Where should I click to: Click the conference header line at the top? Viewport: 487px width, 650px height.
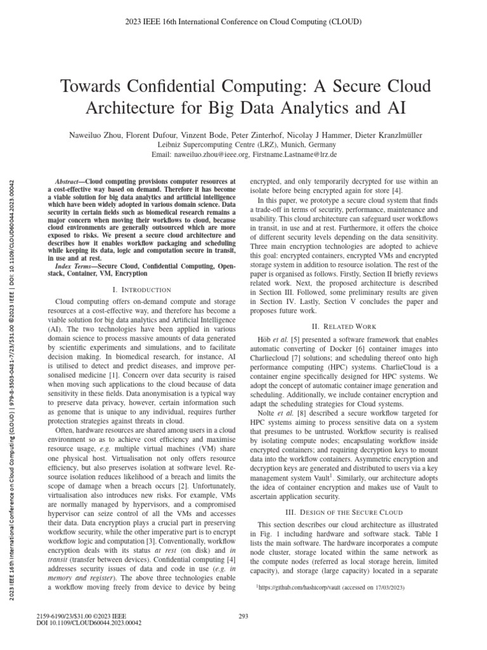[x=243, y=21]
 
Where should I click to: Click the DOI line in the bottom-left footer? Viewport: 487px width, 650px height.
[x=89, y=623]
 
